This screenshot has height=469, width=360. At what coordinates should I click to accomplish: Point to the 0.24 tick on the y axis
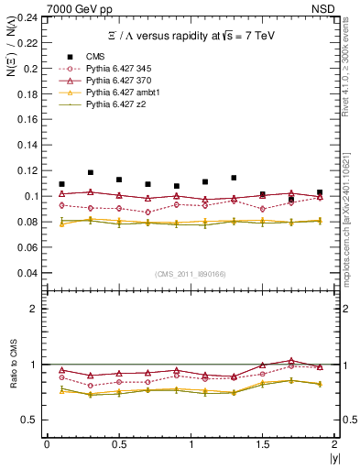point(30,17)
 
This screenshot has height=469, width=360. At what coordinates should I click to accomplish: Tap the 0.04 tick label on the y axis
point(30,273)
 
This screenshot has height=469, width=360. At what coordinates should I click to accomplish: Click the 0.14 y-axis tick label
point(30,146)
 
